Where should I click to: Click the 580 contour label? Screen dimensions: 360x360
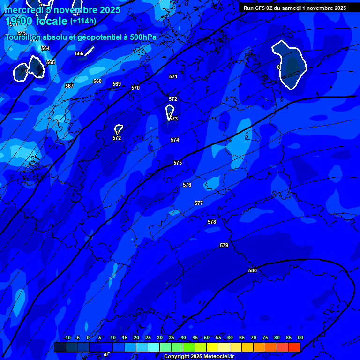pyautogui.click(x=253, y=270)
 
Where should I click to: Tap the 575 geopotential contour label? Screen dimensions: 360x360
pyautogui.click(x=178, y=163)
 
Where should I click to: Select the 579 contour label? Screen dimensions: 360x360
pyautogui.click(x=224, y=245)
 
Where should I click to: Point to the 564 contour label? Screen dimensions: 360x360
pyautogui.click(x=45, y=48)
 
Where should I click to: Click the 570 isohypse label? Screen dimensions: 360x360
pyautogui.click(x=135, y=88)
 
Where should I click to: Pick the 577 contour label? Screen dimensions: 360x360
pyautogui.click(x=199, y=203)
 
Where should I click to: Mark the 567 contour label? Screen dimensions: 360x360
pyautogui.click(x=69, y=86)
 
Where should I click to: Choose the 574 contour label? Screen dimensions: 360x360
pyautogui.click(x=175, y=140)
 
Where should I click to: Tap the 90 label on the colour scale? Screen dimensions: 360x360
pyautogui.click(x=300, y=337)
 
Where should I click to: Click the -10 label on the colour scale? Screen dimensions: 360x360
pyautogui.click(x=67, y=337)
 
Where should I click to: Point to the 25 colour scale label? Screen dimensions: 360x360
pyautogui.click(x=148, y=337)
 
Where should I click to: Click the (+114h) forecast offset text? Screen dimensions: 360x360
pyautogui.click(x=83, y=21)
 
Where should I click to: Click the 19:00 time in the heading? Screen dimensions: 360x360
pyautogui.click(x=19, y=21)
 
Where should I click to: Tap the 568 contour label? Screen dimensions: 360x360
pyautogui.click(x=97, y=81)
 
